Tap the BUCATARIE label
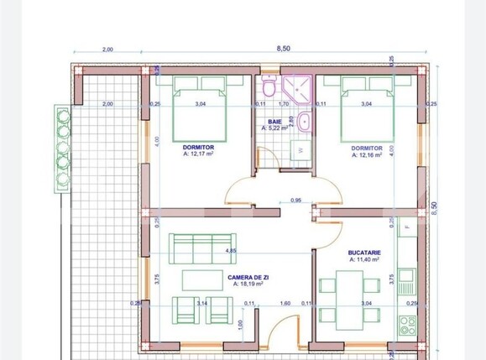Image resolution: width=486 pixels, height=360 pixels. (x=366, y=251)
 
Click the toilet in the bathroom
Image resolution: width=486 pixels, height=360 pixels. (x=268, y=87)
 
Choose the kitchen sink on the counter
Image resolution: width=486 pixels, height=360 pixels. (x=407, y=276)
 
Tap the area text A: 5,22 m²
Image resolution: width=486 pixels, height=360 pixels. (x=275, y=128)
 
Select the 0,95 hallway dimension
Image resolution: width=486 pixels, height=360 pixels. (x=295, y=200)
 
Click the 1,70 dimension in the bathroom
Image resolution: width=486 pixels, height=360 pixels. (x=283, y=104)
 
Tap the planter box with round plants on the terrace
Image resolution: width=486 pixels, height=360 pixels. (x=61, y=148)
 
